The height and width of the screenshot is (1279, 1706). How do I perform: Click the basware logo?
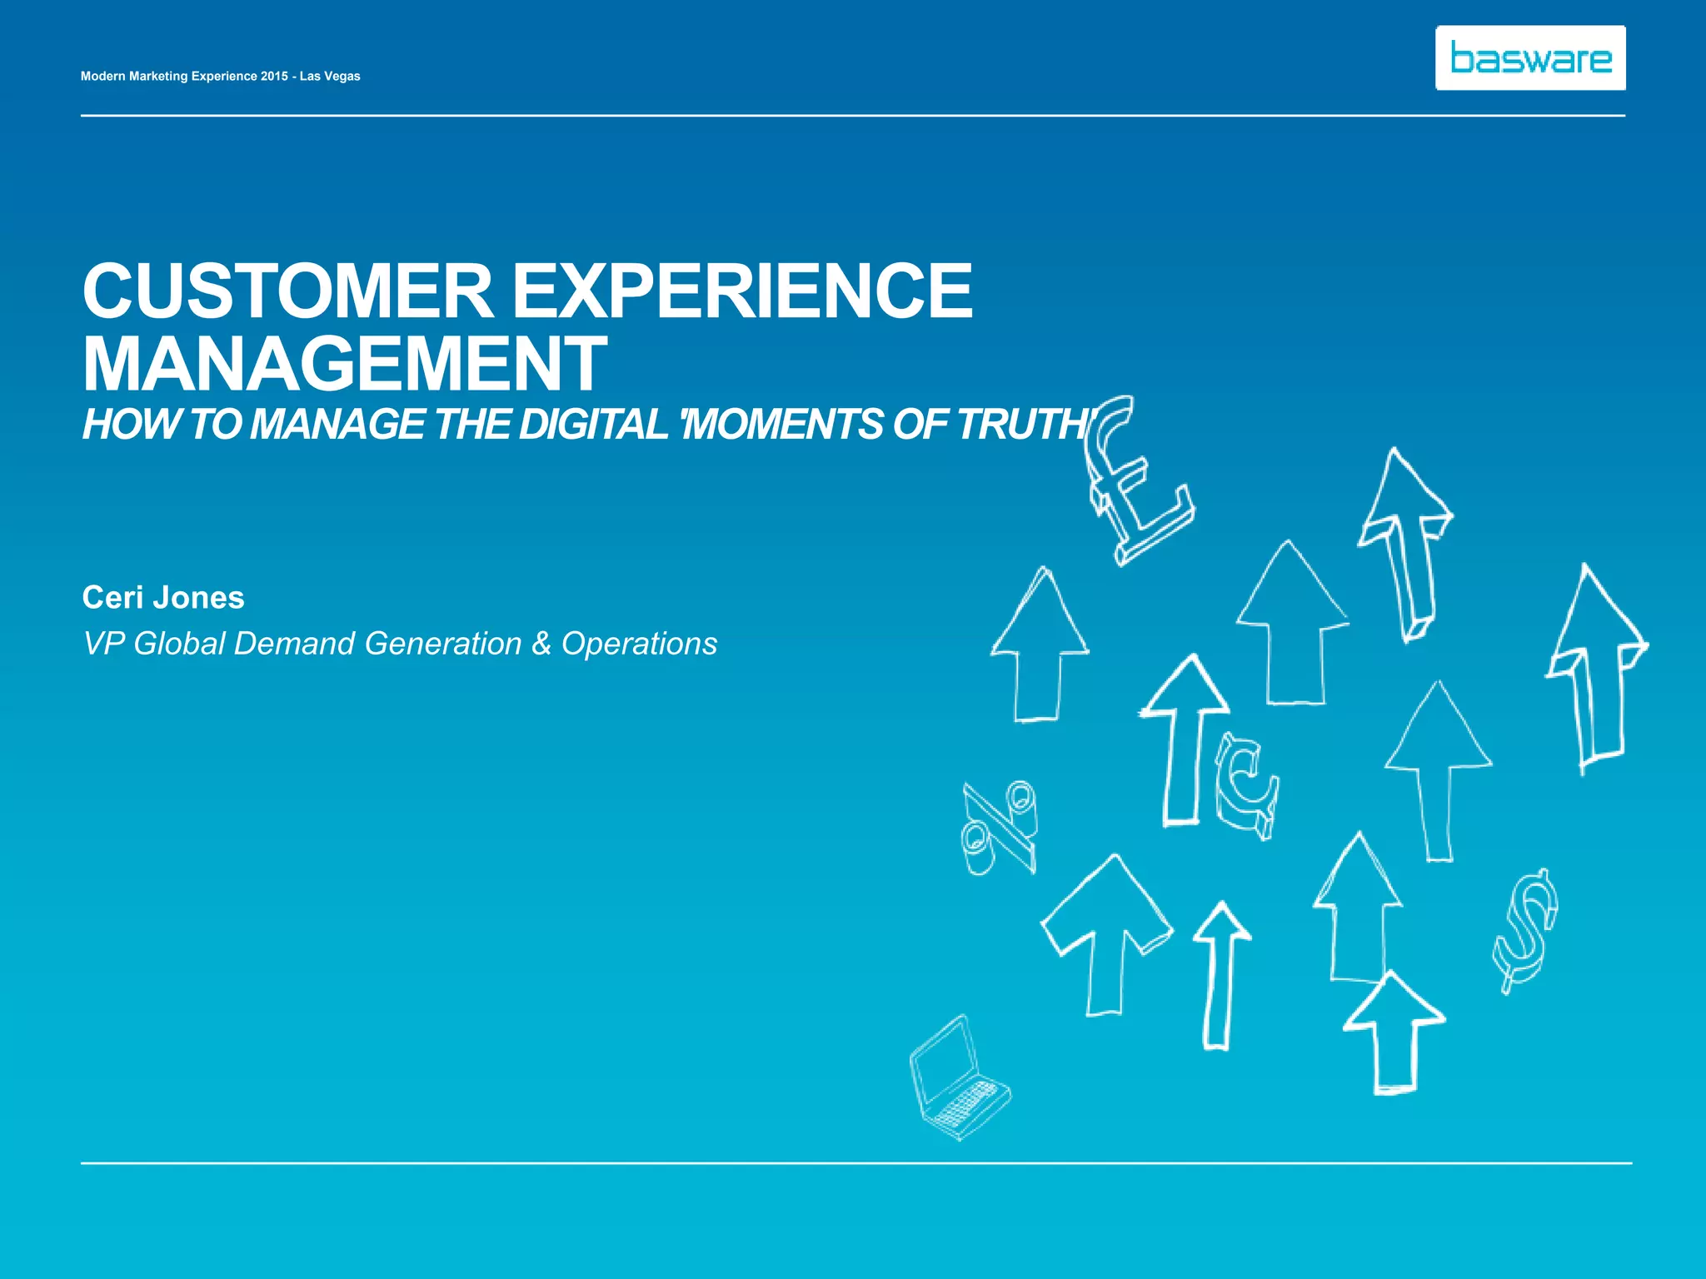point(1530,57)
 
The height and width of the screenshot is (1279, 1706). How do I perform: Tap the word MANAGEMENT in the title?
point(344,364)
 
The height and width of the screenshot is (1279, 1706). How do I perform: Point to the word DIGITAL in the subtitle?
point(592,424)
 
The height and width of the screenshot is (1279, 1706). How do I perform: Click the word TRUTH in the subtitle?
point(1020,424)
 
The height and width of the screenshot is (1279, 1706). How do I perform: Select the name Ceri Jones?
point(163,598)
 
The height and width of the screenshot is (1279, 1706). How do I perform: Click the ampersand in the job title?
point(541,644)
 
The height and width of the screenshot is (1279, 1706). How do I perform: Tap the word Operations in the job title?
point(639,644)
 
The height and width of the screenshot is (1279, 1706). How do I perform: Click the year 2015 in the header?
point(274,76)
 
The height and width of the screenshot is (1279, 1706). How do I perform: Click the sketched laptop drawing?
point(958,1078)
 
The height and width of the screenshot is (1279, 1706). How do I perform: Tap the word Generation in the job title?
point(443,644)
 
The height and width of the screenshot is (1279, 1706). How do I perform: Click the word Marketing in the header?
point(158,76)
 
